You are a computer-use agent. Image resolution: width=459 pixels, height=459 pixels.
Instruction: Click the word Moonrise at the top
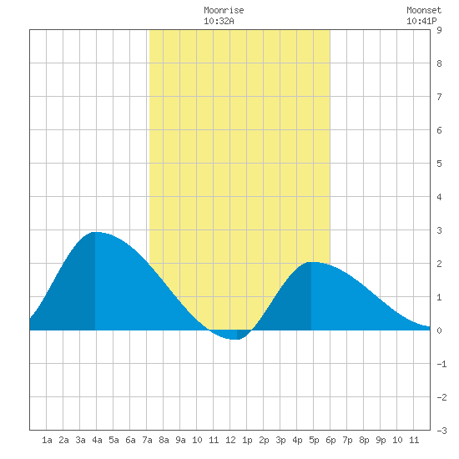click(224, 10)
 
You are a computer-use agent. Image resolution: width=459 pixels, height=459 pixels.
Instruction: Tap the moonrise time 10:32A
click(219, 21)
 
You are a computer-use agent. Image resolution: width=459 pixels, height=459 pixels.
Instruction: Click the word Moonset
click(424, 10)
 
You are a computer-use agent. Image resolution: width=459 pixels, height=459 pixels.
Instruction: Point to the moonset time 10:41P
click(421, 21)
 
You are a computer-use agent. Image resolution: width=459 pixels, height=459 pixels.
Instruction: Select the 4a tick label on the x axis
click(97, 440)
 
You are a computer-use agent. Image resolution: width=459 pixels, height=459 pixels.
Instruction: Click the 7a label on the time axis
click(147, 440)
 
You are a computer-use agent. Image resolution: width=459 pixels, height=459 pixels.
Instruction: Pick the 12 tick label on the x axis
click(230, 440)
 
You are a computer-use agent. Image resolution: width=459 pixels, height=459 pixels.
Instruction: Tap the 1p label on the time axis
click(247, 440)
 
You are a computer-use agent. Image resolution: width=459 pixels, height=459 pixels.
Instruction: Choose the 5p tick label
click(314, 440)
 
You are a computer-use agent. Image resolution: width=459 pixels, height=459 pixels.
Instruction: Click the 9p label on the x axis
click(381, 440)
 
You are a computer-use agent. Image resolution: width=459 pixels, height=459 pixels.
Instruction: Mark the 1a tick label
click(47, 440)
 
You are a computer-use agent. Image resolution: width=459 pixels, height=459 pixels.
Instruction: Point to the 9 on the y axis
click(439, 30)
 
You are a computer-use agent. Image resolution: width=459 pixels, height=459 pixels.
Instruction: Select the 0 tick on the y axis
click(439, 330)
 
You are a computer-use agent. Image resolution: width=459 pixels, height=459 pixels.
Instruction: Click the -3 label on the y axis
click(441, 431)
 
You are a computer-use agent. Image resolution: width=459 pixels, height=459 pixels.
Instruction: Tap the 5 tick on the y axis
click(439, 164)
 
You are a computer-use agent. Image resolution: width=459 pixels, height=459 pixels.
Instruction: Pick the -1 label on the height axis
click(441, 364)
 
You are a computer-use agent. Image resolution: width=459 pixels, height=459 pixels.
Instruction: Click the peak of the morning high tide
click(95, 232)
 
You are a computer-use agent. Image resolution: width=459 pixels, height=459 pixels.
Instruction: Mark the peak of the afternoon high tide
click(311, 262)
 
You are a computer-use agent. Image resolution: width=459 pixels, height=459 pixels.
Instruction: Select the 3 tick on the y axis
click(439, 230)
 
